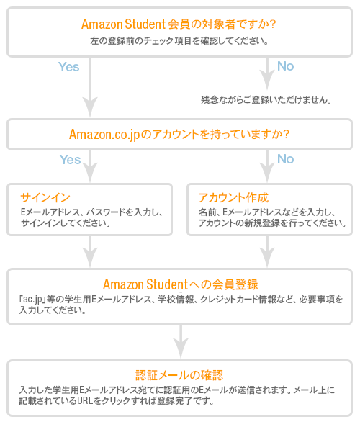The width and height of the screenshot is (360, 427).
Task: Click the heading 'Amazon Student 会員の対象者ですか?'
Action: (x=179, y=24)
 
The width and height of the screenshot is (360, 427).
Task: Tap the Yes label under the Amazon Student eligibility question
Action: (x=69, y=66)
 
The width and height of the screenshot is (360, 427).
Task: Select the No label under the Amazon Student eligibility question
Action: (x=285, y=66)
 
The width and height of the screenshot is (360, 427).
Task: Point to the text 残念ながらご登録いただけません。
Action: (x=266, y=99)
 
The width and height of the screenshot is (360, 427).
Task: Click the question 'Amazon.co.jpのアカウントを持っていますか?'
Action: (x=179, y=134)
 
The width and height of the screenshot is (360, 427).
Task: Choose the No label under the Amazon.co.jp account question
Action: (x=285, y=159)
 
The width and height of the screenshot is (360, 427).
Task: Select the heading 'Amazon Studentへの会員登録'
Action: (x=179, y=283)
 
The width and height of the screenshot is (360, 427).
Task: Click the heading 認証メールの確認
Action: (x=179, y=375)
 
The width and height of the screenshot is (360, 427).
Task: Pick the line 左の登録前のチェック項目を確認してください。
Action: (x=179, y=41)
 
